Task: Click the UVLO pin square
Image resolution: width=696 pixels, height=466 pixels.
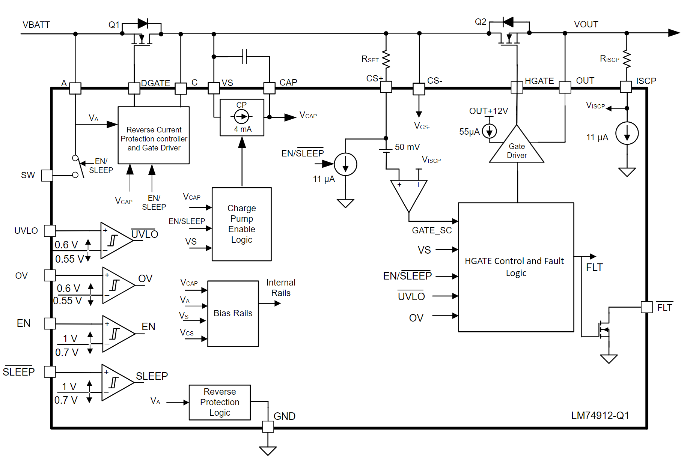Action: point(50,231)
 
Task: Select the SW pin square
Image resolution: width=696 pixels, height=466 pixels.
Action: point(47,175)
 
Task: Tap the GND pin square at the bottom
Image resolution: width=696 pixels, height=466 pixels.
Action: point(268,427)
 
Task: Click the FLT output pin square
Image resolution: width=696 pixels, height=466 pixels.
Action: point(647,307)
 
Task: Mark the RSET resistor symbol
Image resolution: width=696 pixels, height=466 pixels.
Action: point(386,59)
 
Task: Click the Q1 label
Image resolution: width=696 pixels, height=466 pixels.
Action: point(114,25)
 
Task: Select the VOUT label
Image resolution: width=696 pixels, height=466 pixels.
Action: point(586,24)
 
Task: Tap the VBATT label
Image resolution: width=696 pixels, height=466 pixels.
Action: point(36,25)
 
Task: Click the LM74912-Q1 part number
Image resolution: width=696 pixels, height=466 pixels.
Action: point(600,415)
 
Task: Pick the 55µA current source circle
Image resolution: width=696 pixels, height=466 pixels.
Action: point(489,131)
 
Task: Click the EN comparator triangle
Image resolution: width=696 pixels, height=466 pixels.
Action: point(119,334)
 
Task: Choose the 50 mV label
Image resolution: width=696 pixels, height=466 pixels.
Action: point(407,147)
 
